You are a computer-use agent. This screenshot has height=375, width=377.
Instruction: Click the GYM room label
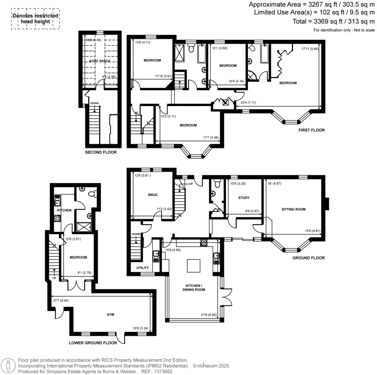coord(110,315)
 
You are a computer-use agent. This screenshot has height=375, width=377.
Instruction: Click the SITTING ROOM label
coord(293,209)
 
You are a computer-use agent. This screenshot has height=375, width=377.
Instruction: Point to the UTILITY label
coord(142,268)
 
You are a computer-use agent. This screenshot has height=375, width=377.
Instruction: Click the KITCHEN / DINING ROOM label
coord(193,288)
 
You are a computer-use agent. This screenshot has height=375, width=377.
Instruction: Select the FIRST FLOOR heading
coord(311,130)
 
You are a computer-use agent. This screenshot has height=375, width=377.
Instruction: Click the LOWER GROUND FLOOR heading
coord(93,343)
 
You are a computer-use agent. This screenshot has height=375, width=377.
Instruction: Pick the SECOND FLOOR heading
coord(101,152)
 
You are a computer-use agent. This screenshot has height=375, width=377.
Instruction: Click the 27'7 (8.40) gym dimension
coord(61,300)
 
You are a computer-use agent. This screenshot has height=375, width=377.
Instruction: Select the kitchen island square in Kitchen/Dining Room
coord(193,265)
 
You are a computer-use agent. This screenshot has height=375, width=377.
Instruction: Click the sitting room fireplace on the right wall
coord(327,204)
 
